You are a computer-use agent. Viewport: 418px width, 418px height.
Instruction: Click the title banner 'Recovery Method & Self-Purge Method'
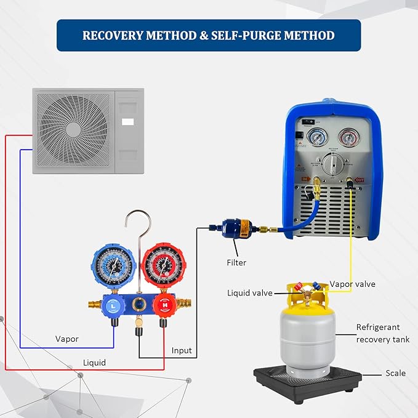point(208,35)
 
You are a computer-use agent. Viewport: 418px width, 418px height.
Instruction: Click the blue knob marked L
point(114,303)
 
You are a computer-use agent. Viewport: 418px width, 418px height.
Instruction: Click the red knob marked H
point(163,303)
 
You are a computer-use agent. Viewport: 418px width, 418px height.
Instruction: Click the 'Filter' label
point(236,263)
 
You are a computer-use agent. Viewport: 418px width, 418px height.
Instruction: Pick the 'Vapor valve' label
point(352,284)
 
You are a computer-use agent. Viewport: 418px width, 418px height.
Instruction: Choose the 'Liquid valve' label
point(249,293)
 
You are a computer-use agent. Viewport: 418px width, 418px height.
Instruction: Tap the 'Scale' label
point(395,373)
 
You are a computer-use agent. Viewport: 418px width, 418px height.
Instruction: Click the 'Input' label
point(182,350)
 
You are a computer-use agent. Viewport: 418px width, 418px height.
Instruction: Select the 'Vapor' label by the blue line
point(67,339)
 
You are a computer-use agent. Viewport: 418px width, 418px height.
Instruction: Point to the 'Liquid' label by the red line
point(94,363)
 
